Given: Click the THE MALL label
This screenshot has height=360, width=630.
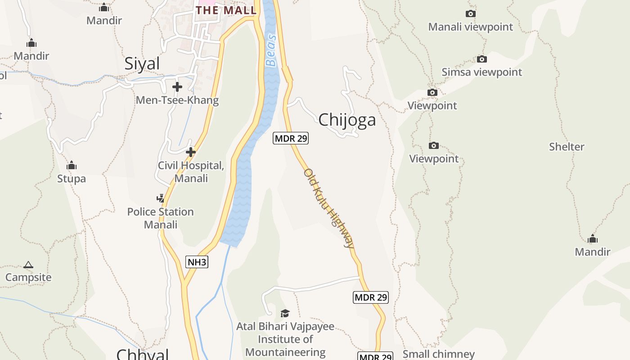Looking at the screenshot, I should pyautogui.click(x=226, y=10).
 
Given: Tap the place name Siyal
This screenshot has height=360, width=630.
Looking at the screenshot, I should pyautogui.click(x=142, y=63).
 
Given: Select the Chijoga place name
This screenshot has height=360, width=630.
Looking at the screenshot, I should pyautogui.click(x=347, y=120).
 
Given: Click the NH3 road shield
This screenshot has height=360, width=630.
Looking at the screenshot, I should pyautogui.click(x=197, y=261).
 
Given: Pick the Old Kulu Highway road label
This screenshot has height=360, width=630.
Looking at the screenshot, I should pyautogui.click(x=329, y=208).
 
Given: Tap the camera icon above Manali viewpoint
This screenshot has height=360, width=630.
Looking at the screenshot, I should pyautogui.click(x=471, y=14).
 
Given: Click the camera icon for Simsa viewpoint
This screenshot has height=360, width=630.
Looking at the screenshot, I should pyautogui.click(x=482, y=59).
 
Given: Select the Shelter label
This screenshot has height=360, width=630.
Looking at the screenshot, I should pyautogui.click(x=567, y=147).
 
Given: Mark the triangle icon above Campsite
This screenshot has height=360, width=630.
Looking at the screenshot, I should pyautogui.click(x=28, y=265).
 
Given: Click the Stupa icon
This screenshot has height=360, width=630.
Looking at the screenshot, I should pyautogui.click(x=72, y=166).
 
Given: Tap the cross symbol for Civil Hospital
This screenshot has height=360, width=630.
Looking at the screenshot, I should pyautogui.click(x=191, y=152).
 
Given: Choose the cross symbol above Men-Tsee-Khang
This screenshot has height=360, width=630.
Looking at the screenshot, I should pyautogui.click(x=177, y=86).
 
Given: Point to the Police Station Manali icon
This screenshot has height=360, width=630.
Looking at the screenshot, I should pyautogui.click(x=160, y=198).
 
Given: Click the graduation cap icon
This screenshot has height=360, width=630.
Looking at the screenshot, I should pyautogui.click(x=285, y=313).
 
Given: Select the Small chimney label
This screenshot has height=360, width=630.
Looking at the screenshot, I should pyautogui.click(x=438, y=354).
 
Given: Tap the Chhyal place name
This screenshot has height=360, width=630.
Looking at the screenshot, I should pyautogui.click(x=142, y=354).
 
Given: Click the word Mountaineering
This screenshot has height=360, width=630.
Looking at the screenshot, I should pyautogui.click(x=285, y=352).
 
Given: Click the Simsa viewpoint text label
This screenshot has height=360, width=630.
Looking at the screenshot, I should pyautogui.click(x=481, y=72).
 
